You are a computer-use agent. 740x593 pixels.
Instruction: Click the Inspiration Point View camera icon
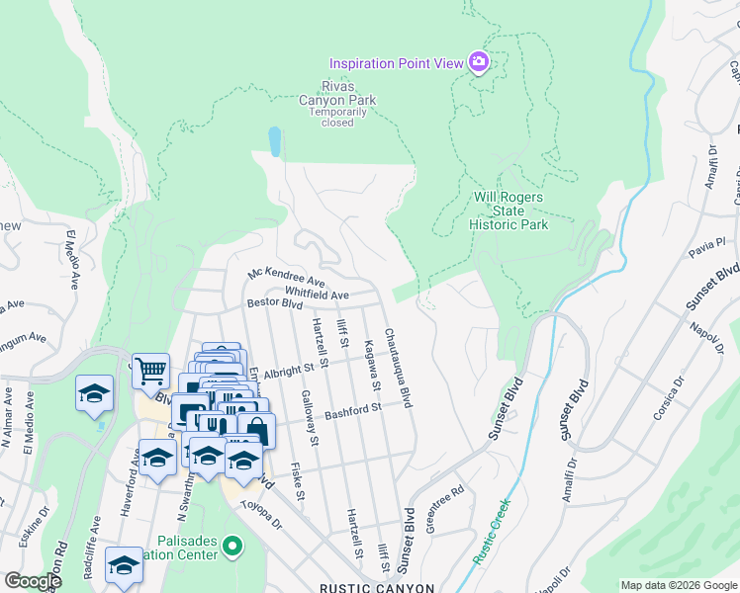click(x=479, y=63)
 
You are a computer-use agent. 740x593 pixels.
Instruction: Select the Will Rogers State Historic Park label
click(x=508, y=211)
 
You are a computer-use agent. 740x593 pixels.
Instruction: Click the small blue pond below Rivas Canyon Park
click(x=273, y=141)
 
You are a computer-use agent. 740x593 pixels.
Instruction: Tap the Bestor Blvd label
click(x=274, y=303)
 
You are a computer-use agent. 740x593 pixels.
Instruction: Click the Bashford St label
click(x=353, y=410)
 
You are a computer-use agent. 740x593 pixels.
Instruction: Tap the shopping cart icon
click(x=150, y=371)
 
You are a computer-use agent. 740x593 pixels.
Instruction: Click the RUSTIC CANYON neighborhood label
click(x=376, y=588)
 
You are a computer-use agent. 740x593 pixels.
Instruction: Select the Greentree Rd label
click(x=444, y=508)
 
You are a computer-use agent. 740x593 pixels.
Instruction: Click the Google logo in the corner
click(x=33, y=581)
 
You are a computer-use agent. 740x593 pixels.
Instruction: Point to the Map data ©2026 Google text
click(x=678, y=585)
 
